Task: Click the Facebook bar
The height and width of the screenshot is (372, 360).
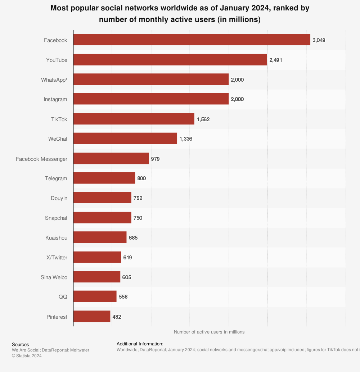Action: pos(192,40)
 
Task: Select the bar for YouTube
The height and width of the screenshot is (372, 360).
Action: pos(170,60)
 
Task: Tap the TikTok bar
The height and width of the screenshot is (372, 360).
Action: pos(134,119)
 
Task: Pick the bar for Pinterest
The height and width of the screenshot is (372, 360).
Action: pos(92,317)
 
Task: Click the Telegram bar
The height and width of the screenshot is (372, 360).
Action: pos(104,178)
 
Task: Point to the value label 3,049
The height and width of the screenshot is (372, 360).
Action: pos(319,40)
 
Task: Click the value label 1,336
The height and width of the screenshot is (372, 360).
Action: pos(186,139)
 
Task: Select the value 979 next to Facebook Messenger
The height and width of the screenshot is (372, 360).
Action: pos(155,158)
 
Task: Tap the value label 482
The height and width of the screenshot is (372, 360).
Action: pos(117,317)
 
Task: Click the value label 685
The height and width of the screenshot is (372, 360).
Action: pos(133,238)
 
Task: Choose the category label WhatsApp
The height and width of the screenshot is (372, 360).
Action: pos(54,80)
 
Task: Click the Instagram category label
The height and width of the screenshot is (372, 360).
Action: pos(55,99)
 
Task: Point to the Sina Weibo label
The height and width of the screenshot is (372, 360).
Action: pos(54,277)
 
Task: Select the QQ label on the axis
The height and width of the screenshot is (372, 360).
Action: pos(63,297)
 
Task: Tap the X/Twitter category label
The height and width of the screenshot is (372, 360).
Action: pos(57,258)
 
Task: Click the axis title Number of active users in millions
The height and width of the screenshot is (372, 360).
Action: pos(209,332)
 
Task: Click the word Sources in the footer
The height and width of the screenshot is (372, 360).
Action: pos(20,345)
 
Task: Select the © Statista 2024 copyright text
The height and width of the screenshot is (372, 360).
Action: pos(27,356)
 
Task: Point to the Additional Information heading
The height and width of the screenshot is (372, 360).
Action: pos(140,344)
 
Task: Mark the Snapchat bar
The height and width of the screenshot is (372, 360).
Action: pos(102,218)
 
